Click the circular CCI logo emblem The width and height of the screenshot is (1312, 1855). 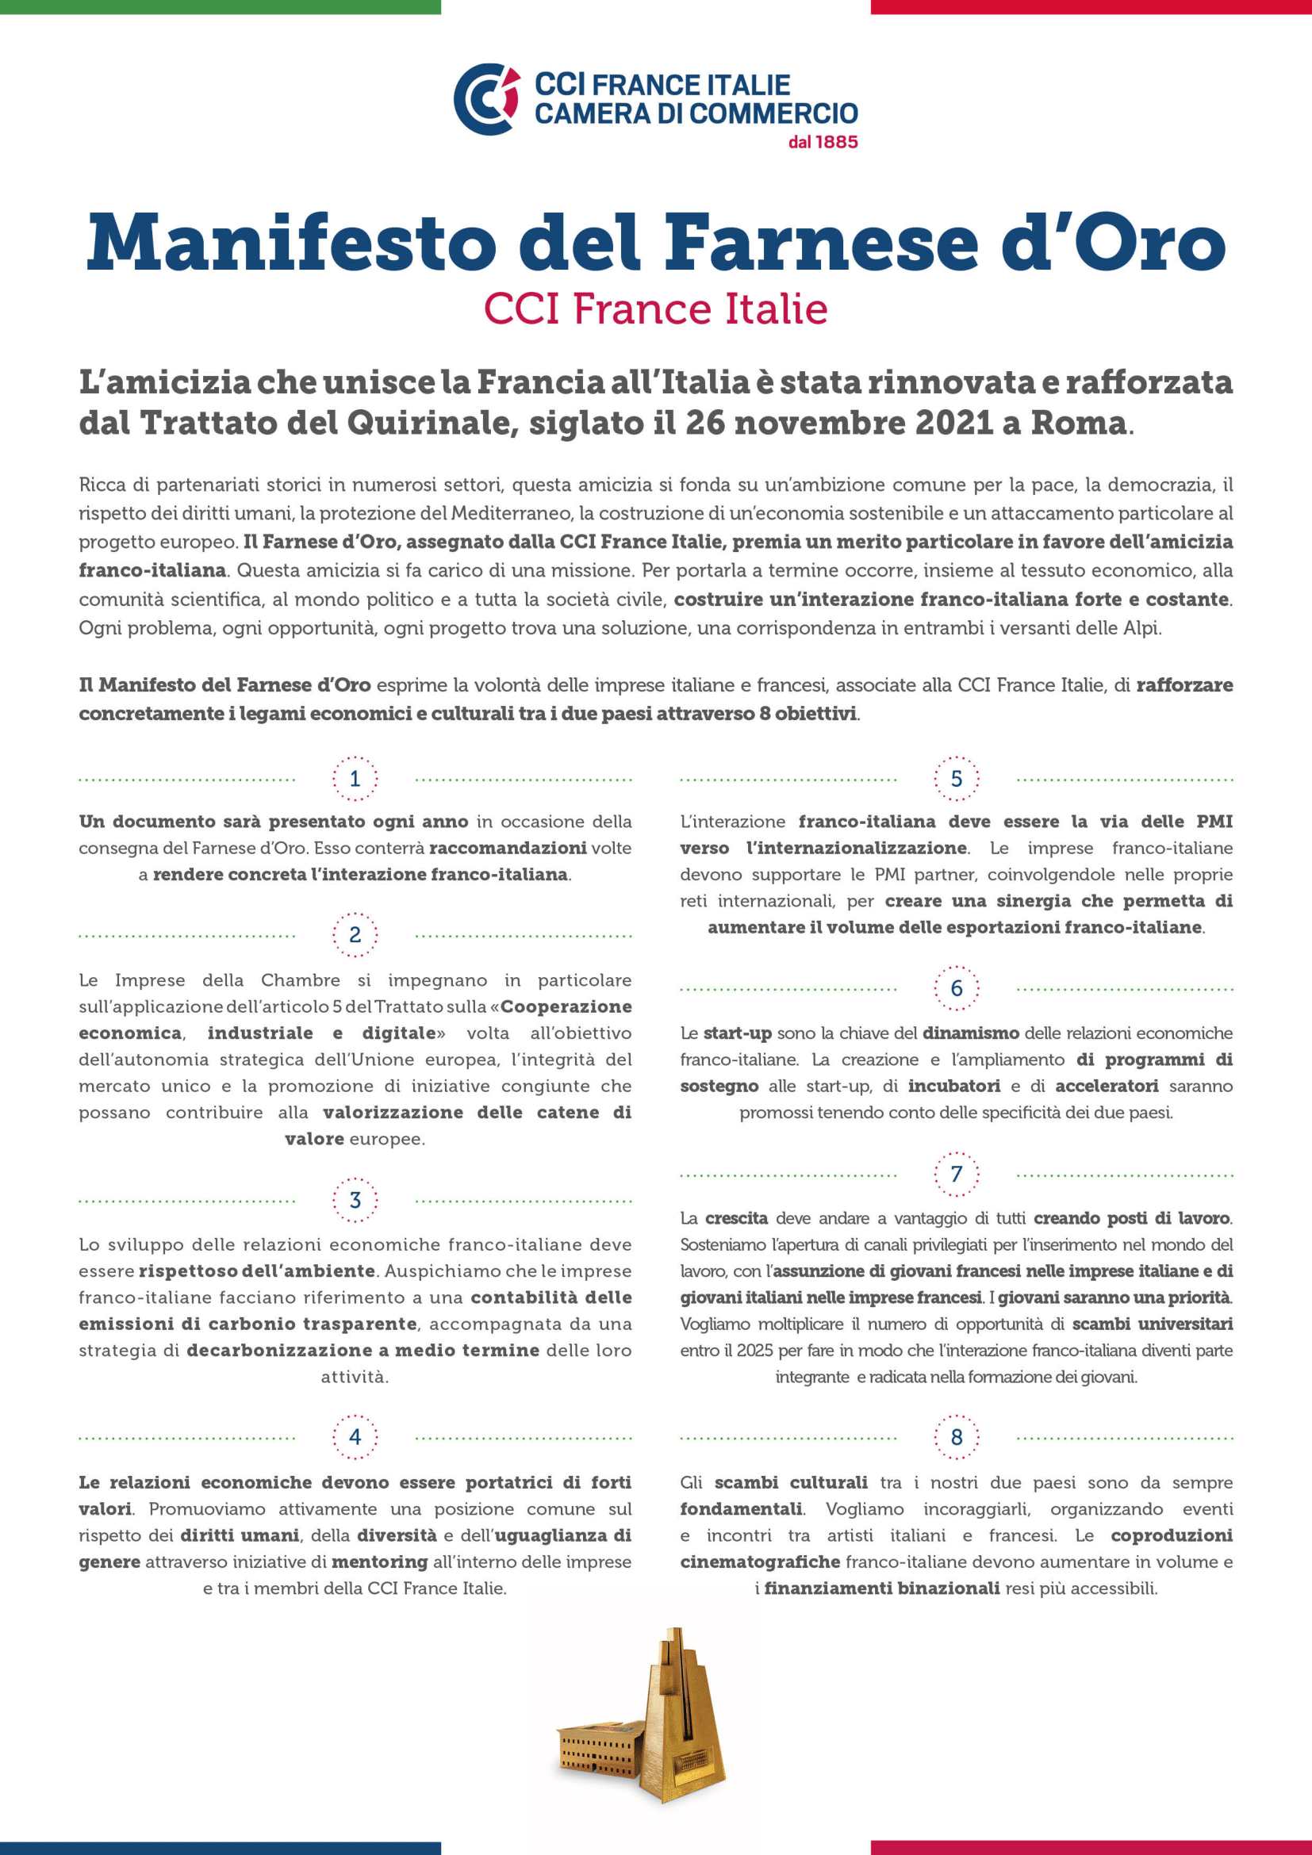coord(486,98)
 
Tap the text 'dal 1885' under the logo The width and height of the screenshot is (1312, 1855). coord(823,142)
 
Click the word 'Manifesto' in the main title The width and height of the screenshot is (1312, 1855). coord(291,243)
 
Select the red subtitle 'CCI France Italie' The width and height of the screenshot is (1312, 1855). coord(655,309)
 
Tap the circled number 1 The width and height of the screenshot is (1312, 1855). coord(355,779)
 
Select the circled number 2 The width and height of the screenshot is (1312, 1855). coord(355,935)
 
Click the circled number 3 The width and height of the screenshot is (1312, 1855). coord(355,1200)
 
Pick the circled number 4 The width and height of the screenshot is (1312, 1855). coord(355,1437)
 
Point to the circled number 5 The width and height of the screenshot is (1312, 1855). coord(957,779)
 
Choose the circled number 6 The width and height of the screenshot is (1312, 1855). coord(957,988)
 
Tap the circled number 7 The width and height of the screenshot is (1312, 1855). coord(957,1174)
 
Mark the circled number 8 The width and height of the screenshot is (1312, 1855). coord(957,1437)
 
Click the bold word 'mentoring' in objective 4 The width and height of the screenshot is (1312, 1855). coord(380,1562)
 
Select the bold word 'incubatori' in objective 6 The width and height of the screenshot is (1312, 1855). coord(953,1086)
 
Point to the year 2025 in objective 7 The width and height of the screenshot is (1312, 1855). coord(754,1350)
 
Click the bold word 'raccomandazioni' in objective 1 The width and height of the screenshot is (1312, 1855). coord(508,848)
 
